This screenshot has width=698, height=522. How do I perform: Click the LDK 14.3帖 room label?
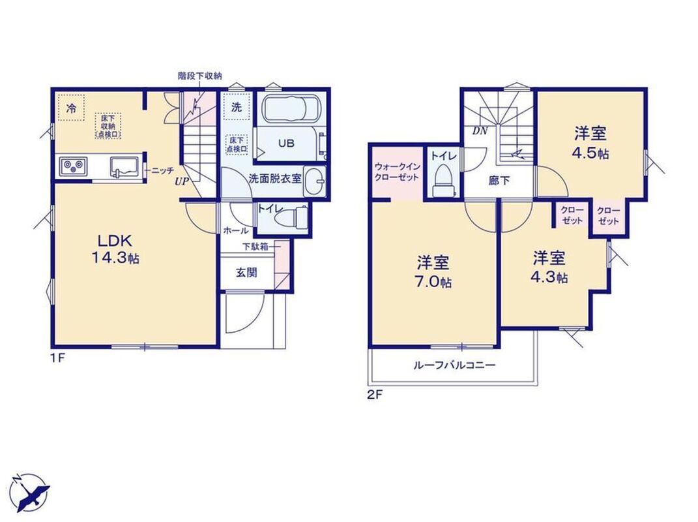115,249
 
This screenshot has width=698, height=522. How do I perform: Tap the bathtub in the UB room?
289,109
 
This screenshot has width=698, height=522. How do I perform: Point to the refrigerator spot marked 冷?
70,108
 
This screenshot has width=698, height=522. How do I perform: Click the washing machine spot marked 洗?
237,107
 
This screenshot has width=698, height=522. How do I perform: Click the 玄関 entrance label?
246,272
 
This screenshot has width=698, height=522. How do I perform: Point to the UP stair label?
182,181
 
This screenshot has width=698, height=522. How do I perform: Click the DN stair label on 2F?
480,131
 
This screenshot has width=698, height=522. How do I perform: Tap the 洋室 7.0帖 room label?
433,271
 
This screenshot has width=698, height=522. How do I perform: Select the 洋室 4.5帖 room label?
590,143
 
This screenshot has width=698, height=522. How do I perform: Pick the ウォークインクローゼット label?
397,172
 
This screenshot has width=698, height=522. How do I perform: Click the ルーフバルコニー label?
454,366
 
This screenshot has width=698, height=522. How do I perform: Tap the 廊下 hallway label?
499,181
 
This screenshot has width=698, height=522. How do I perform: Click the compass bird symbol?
30,492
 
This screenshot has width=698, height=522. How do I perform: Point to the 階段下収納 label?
200,76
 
